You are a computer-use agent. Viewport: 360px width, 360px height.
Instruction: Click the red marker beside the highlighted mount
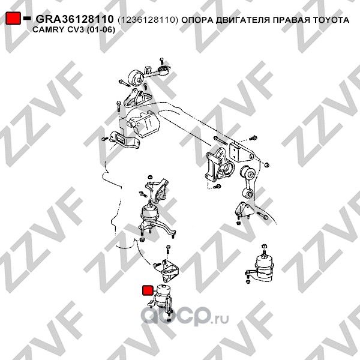[146, 291]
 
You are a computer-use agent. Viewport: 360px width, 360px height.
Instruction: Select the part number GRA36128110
[75, 19]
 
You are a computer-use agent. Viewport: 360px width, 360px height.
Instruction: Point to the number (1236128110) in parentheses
[148, 20]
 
